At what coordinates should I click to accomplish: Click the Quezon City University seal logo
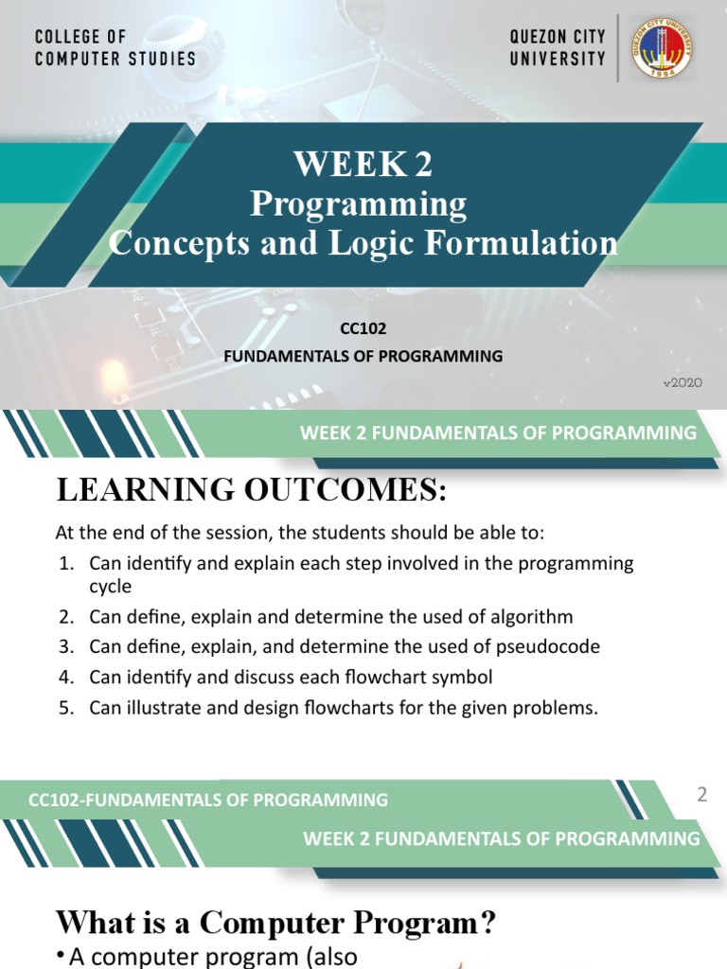(x=662, y=47)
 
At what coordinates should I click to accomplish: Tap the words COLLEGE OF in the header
(x=80, y=37)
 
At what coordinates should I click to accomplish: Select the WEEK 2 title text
(x=363, y=165)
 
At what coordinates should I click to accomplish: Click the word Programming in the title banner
(x=358, y=203)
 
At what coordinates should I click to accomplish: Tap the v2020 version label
(x=683, y=383)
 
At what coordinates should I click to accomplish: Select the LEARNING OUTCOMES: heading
(x=250, y=490)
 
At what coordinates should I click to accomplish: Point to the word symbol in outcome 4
(x=467, y=678)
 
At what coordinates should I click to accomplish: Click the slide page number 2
(x=702, y=796)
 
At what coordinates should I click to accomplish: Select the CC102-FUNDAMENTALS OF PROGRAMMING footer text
(x=208, y=800)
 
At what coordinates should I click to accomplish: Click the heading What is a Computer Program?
(x=276, y=922)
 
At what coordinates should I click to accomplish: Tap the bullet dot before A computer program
(x=62, y=958)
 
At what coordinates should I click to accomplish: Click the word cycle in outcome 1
(x=111, y=587)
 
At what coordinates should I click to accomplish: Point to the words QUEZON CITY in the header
(x=558, y=37)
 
